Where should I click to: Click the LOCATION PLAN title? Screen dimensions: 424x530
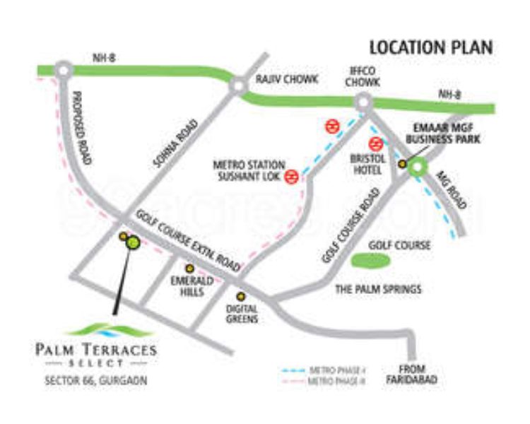click(431, 48)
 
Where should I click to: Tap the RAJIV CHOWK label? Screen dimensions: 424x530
click(288, 79)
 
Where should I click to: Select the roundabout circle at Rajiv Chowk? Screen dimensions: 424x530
click(238, 86)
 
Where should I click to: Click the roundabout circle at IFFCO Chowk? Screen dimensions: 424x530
click(363, 103)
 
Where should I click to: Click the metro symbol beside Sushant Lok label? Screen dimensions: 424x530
click(290, 177)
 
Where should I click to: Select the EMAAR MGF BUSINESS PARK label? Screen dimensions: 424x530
click(447, 134)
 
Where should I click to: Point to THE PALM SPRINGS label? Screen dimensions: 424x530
click(378, 289)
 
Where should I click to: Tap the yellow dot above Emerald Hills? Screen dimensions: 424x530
click(189, 269)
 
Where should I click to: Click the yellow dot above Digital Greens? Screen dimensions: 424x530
click(241, 296)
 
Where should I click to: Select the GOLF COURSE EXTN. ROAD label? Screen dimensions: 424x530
click(189, 241)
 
